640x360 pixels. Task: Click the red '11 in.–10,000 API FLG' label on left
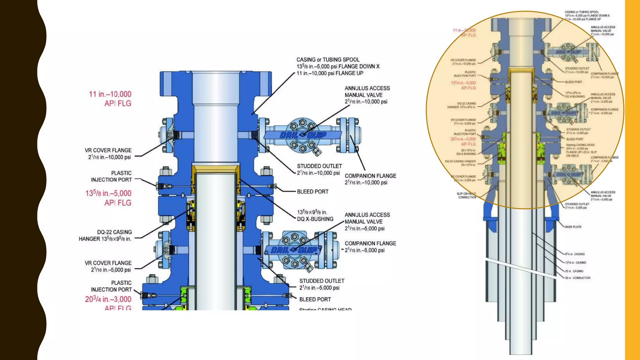[110, 99]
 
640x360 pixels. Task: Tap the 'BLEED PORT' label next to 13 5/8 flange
[312, 192]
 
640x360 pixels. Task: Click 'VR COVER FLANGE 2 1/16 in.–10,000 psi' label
[109, 154]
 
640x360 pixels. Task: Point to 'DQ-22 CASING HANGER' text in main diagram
[105, 235]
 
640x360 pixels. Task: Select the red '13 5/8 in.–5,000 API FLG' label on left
[108, 198]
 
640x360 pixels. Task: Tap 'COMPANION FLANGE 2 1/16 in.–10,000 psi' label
[370, 179]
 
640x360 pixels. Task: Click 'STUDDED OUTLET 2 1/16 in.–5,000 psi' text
[321, 284]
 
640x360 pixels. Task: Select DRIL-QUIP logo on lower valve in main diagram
[293, 250]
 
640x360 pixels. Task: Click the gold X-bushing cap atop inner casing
[216, 169]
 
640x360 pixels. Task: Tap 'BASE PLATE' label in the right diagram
[573, 227]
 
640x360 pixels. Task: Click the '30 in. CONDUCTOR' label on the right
[577, 278]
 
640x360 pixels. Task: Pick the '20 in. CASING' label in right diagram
[574, 271]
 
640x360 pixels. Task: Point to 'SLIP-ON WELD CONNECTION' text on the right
[467, 195]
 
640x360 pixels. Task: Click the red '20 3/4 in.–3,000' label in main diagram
[108, 299]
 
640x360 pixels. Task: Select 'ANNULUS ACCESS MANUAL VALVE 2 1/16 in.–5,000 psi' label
[367, 222]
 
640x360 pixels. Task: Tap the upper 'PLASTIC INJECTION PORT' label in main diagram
[111, 176]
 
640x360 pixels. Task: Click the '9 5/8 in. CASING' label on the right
[575, 254]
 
